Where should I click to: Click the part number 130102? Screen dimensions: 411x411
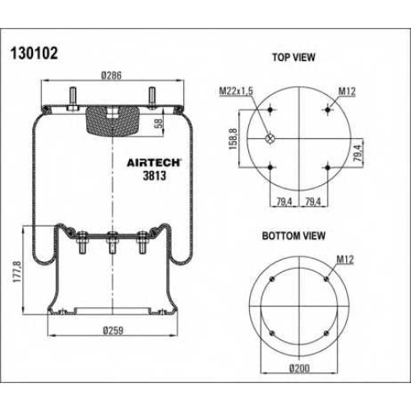[35, 53]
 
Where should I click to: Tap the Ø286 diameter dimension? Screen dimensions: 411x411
[111, 76]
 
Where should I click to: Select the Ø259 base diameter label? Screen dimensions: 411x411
[113, 330]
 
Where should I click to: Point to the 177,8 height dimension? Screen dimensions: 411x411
[17, 272]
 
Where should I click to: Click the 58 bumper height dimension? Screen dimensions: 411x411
[159, 122]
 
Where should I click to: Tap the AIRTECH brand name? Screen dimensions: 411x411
[154, 163]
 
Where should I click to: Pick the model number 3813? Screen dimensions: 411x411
[155, 176]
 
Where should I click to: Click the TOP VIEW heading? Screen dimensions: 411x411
[293, 58]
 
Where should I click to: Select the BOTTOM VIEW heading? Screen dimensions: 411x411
[293, 236]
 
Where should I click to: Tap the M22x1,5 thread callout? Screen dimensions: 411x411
[236, 91]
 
